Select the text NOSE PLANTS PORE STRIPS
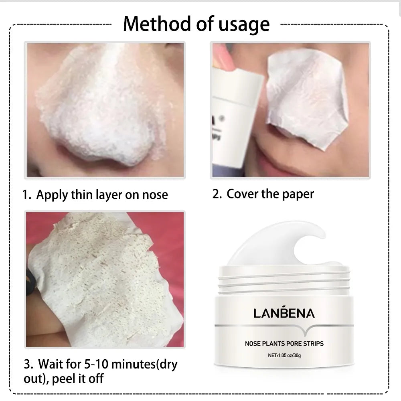[284, 343]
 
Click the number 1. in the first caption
[27, 195]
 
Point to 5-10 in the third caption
[97, 365]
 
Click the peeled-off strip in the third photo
[104, 277]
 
